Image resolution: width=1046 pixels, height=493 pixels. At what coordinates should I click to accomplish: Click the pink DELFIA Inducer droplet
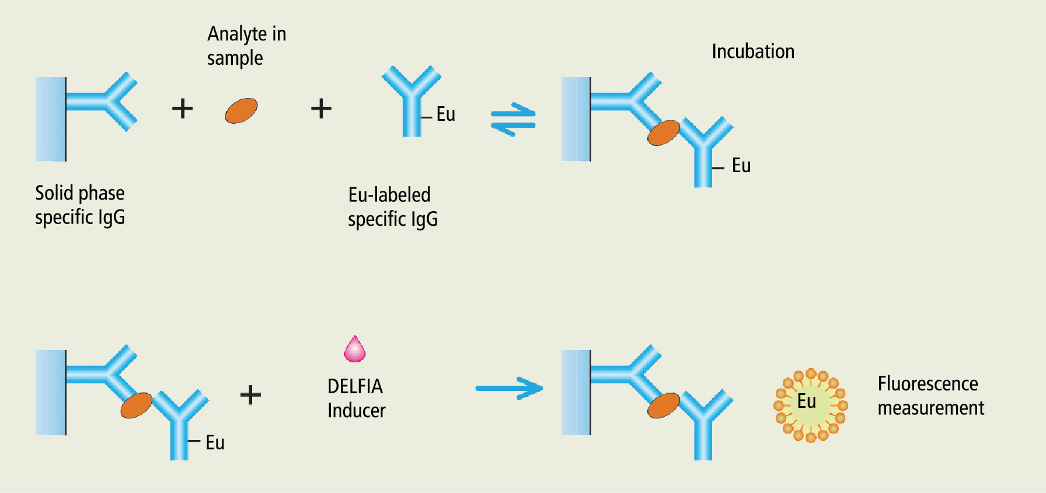tap(354, 350)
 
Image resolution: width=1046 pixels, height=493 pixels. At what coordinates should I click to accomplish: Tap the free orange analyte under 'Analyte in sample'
tap(241, 110)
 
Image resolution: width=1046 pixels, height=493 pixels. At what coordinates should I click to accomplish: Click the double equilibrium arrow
tap(513, 120)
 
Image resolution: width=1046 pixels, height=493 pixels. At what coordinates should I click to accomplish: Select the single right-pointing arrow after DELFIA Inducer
tap(509, 389)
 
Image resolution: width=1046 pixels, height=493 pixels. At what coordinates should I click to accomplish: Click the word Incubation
tap(753, 51)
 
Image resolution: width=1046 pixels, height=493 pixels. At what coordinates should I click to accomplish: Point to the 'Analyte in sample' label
tap(246, 46)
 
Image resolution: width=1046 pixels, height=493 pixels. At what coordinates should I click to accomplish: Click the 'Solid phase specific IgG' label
tap(80, 205)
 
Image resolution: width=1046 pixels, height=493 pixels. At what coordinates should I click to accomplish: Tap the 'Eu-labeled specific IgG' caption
tap(392, 207)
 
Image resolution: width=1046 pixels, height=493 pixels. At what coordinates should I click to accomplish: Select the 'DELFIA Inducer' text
tap(356, 398)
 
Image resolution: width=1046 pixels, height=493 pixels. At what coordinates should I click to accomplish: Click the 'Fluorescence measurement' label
tap(930, 396)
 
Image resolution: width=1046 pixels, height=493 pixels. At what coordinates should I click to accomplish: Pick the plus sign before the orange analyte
tap(182, 109)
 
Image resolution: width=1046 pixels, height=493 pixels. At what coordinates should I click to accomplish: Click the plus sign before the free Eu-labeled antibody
tap(321, 109)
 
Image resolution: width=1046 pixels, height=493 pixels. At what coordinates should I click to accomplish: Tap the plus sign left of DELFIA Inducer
tap(250, 395)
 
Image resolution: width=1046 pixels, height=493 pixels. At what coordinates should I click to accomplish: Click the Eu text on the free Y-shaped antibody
tap(445, 114)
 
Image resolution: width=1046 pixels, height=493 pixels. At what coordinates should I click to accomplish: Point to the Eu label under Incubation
tap(741, 166)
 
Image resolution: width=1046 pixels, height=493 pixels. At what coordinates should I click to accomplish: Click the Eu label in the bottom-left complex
tap(215, 442)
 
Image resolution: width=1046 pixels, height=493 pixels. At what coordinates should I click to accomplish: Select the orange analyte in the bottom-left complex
tap(136, 405)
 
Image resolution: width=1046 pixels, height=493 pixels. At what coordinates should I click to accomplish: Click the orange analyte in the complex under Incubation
tap(664, 133)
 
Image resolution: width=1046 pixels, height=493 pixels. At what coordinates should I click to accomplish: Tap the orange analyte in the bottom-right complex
tap(664, 405)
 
